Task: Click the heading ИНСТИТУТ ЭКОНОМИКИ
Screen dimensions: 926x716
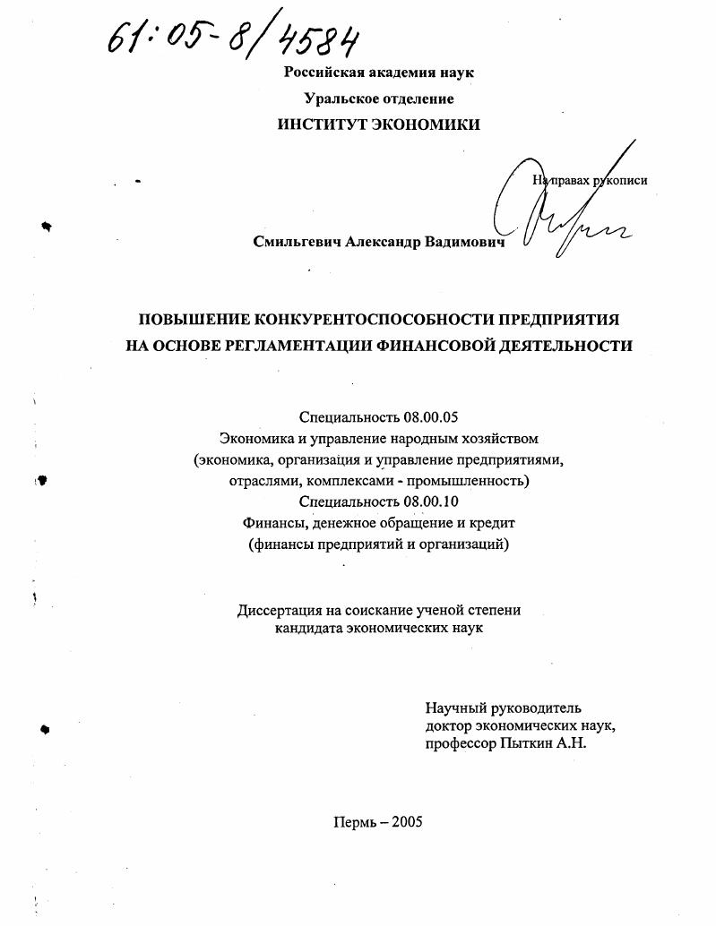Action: click(378, 125)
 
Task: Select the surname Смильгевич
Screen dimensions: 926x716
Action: click(292, 242)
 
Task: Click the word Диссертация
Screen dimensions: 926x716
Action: click(280, 610)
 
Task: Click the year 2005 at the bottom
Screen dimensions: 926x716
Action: click(405, 823)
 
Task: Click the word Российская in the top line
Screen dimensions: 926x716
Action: click(322, 73)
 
